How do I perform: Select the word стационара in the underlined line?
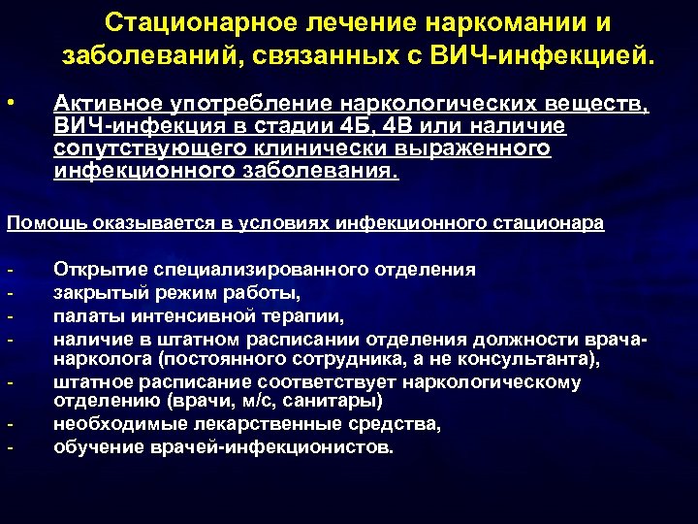click(x=556, y=223)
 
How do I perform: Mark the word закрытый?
click(x=94, y=293)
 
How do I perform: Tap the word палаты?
click(x=83, y=315)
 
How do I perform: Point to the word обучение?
click(x=94, y=447)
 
